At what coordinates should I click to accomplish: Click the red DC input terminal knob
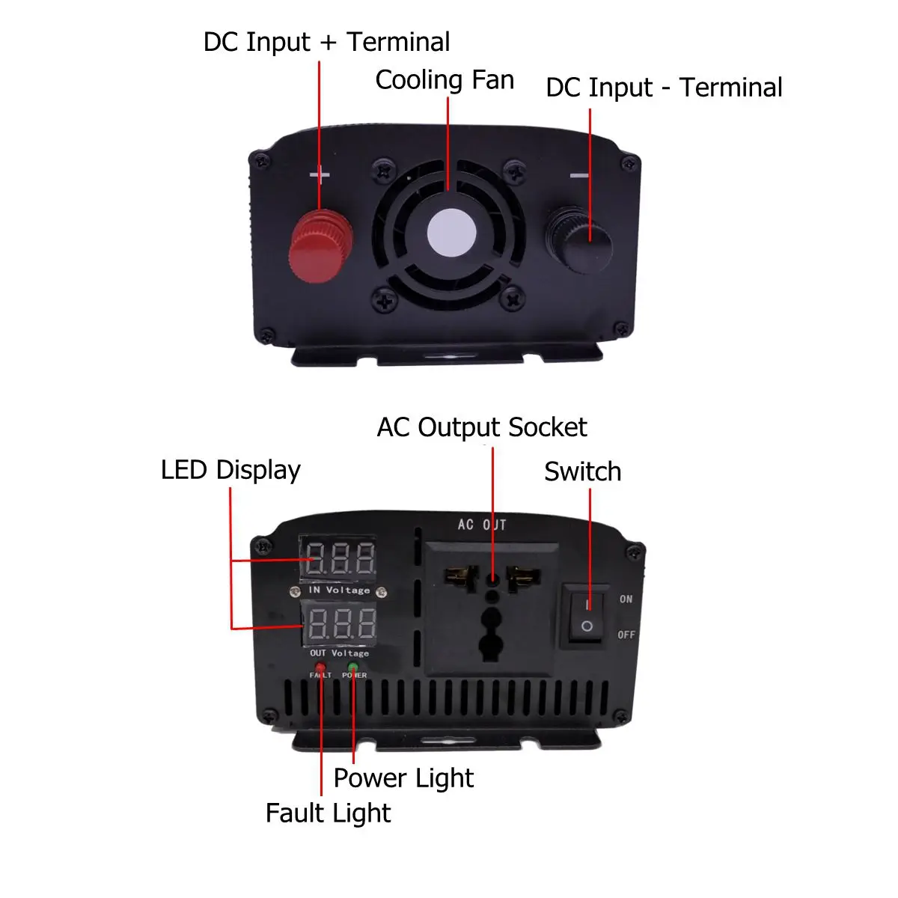[x=320, y=246]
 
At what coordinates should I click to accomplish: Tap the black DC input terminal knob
[x=579, y=240]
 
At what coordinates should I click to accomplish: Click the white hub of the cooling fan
[x=451, y=233]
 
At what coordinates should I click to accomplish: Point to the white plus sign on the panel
[x=320, y=175]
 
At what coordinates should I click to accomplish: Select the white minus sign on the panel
[x=579, y=175]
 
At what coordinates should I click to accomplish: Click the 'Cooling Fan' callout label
[x=445, y=79]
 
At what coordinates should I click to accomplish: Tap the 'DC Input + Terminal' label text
[x=327, y=42]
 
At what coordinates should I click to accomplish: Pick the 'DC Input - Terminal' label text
[x=664, y=87]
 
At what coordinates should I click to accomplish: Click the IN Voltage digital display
[x=337, y=558]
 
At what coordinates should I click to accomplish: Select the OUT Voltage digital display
[x=339, y=623]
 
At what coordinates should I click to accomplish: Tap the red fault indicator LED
[x=320, y=667]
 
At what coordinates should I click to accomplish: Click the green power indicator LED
[x=353, y=667]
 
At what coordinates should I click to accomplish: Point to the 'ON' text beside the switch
[x=626, y=599]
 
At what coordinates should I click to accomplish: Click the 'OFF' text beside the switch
[x=626, y=635]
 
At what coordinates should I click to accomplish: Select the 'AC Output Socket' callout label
[x=482, y=427]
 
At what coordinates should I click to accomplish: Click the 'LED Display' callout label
[x=230, y=470]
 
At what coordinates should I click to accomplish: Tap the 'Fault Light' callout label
[x=328, y=813]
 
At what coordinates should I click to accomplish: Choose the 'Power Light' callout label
[x=403, y=778]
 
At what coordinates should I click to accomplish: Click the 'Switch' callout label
[x=582, y=471]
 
